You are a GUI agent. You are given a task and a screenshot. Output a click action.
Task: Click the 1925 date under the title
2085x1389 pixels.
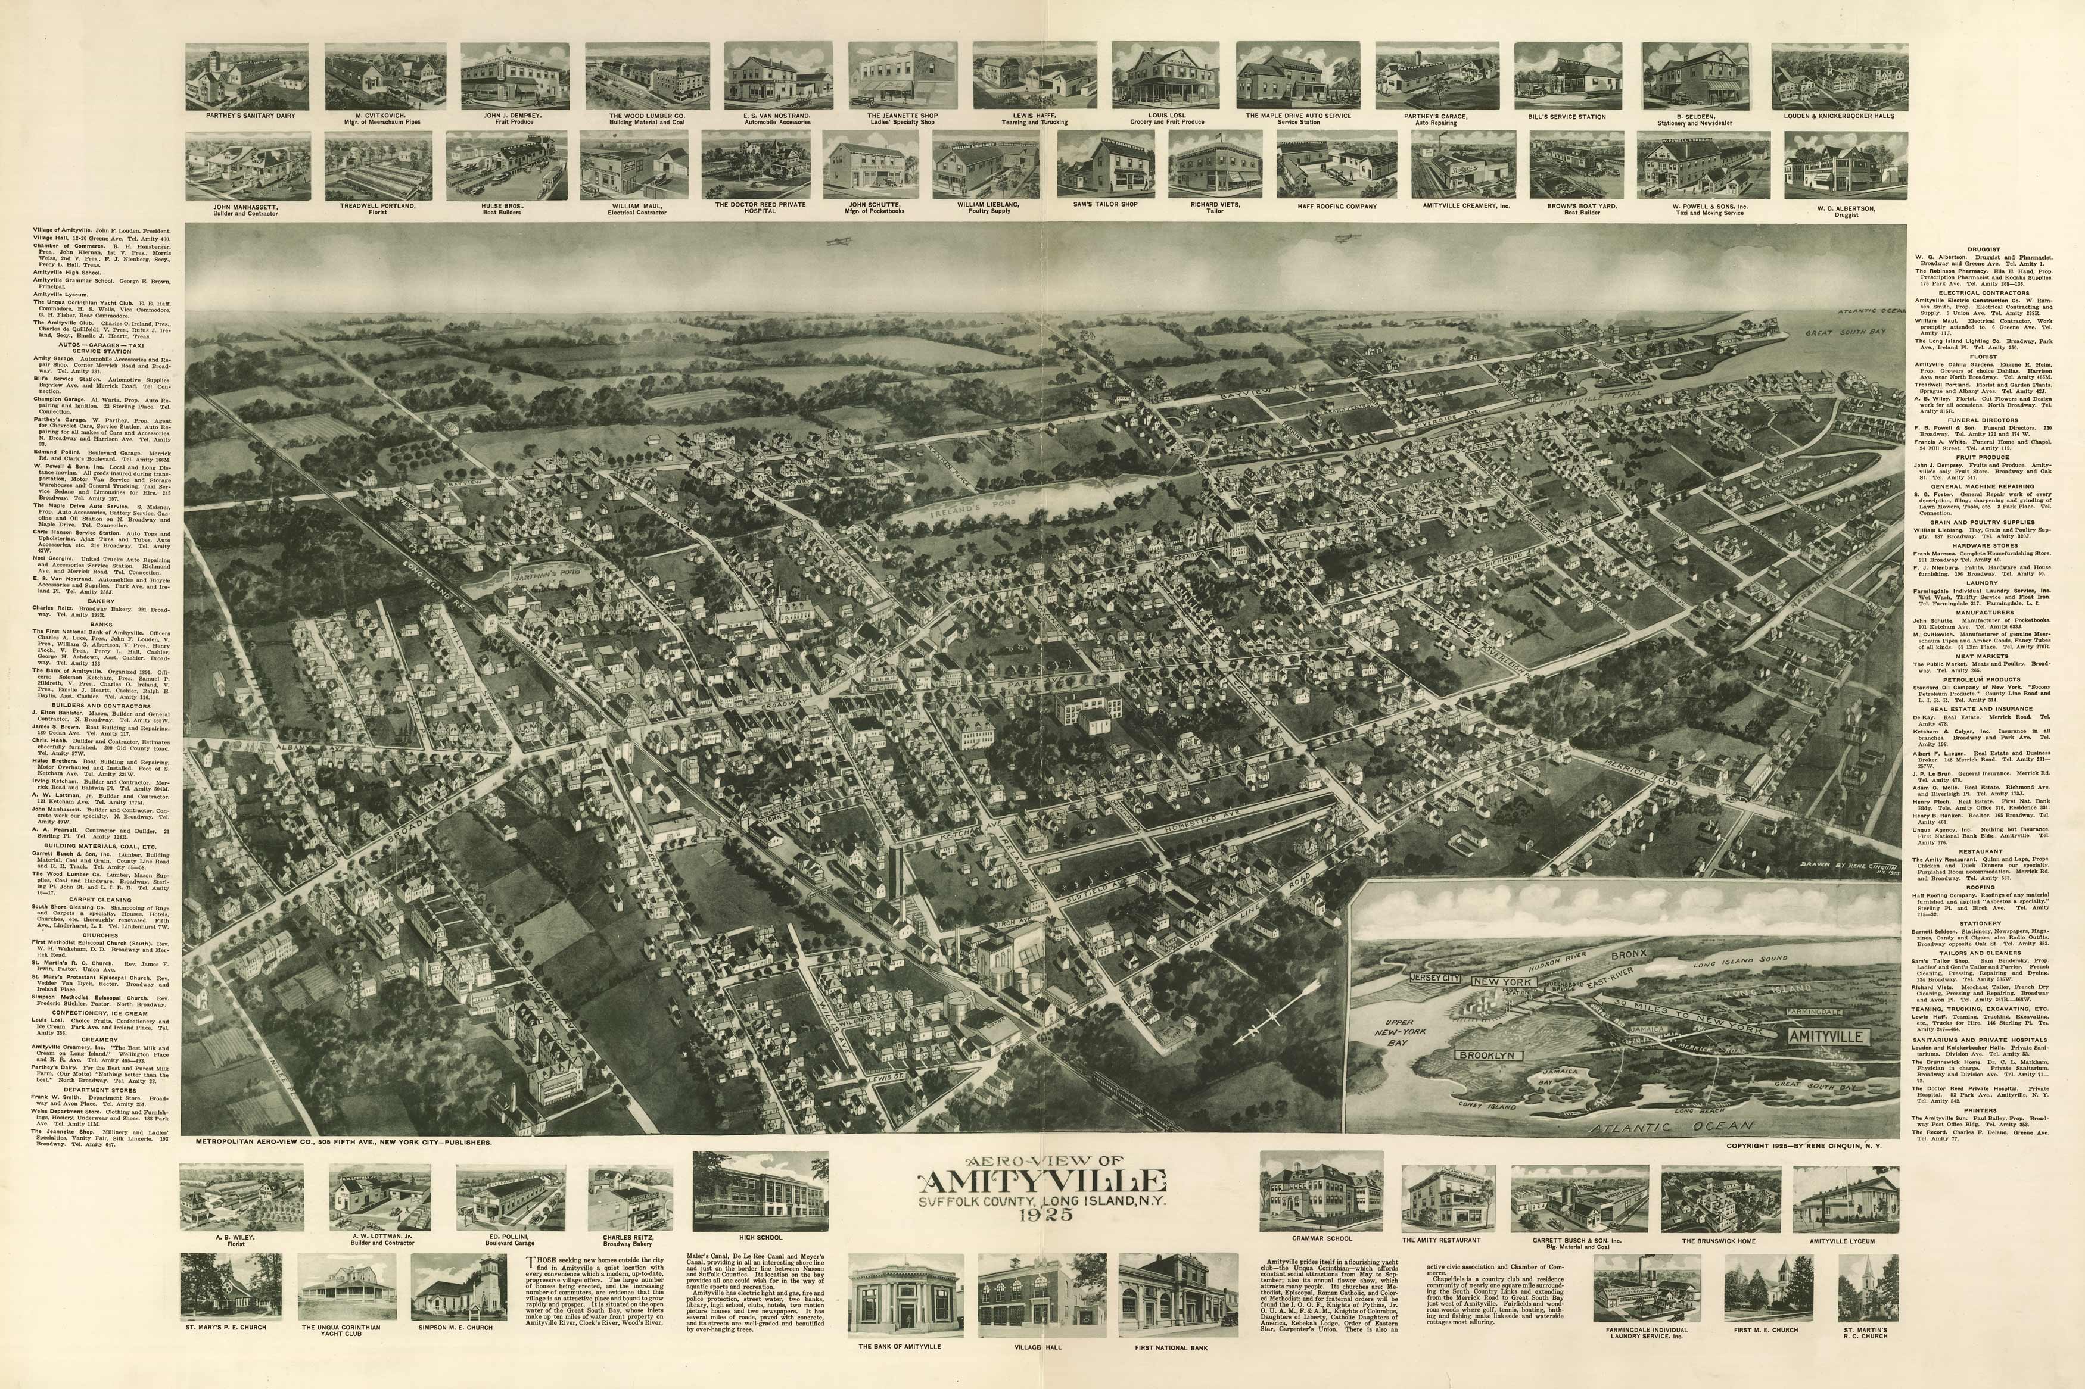(1043, 1213)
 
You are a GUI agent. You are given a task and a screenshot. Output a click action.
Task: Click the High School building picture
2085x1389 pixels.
(760, 1191)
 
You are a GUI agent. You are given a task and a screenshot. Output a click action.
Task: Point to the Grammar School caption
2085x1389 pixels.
(1321, 1240)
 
